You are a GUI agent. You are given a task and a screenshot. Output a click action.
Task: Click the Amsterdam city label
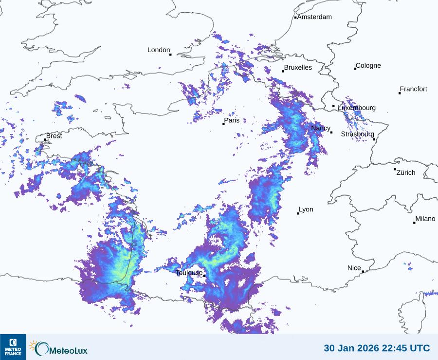(314, 17)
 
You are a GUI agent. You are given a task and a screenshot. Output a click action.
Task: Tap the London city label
(159, 50)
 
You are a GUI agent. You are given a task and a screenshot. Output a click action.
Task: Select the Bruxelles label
(298, 68)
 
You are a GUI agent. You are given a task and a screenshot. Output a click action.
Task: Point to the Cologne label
(368, 66)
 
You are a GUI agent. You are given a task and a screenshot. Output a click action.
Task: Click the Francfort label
(413, 89)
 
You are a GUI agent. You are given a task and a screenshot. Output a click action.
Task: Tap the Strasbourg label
(357, 134)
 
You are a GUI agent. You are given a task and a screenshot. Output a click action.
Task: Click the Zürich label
(406, 172)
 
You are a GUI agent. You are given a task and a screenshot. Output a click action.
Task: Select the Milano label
(425, 219)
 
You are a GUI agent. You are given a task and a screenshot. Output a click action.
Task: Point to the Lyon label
(306, 209)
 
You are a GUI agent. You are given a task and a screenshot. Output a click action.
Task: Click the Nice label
(354, 268)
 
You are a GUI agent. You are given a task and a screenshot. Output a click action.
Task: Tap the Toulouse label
(189, 273)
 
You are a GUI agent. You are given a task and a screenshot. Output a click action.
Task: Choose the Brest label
(54, 136)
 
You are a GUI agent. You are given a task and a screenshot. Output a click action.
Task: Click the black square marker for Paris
(224, 124)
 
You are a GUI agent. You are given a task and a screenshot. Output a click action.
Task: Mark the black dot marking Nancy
(331, 133)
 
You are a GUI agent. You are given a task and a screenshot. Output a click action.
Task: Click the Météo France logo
(13, 347)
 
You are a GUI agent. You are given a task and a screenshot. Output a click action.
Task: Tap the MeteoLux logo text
(68, 349)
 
